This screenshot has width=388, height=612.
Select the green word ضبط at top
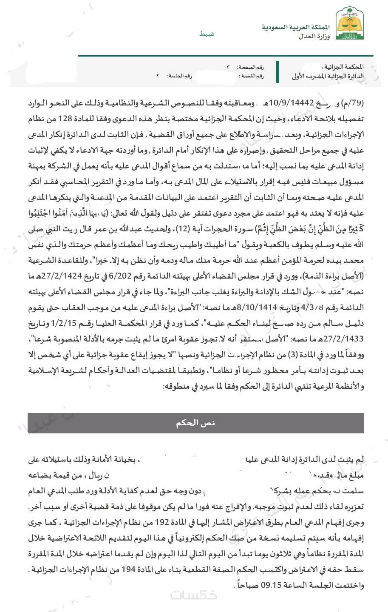coord(207,33)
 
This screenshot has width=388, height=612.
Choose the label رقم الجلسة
coord(178,75)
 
